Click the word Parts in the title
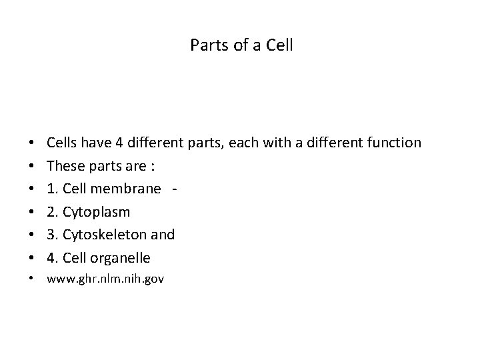tap(205, 46)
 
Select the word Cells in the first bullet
tap(62, 143)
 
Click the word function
tap(393, 143)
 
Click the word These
tap(64, 166)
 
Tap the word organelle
tap(121, 258)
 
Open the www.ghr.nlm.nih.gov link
tap(105, 279)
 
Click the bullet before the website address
tap(32, 279)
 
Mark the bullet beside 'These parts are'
tap(32, 166)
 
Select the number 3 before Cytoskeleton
tap(51, 235)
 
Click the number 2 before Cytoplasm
tap(51, 212)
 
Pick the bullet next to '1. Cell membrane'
tap(32, 189)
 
